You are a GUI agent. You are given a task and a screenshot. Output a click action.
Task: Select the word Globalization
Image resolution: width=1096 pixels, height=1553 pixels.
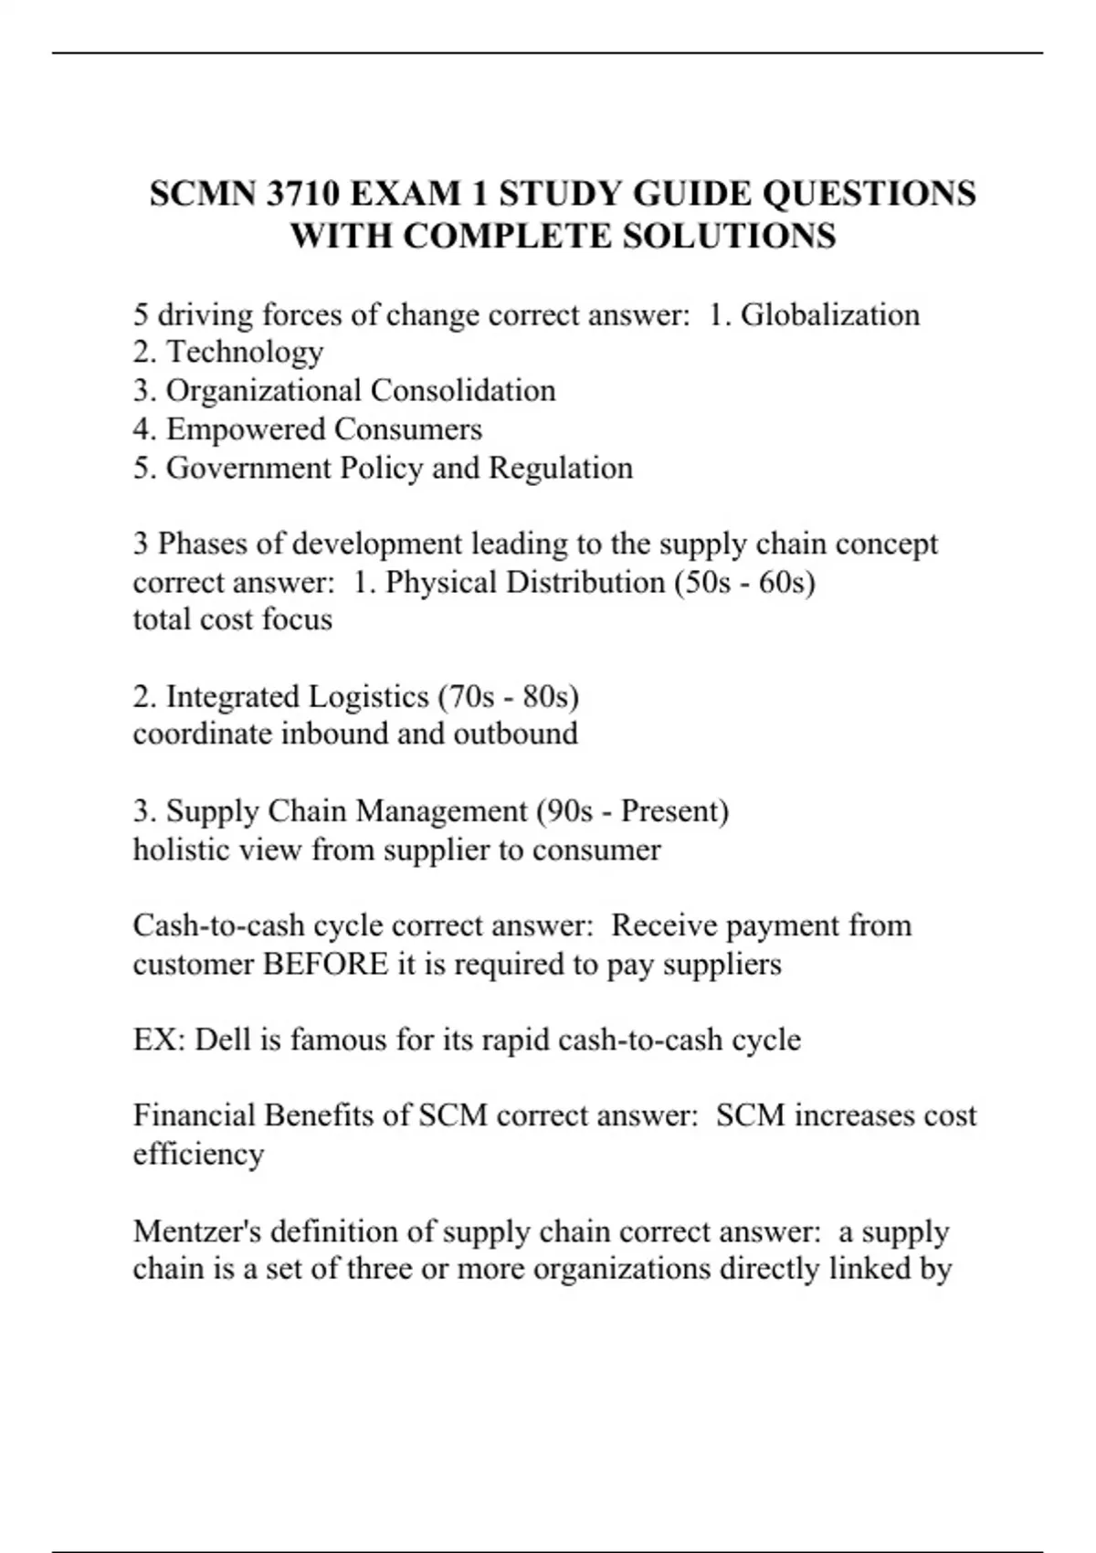coord(830,315)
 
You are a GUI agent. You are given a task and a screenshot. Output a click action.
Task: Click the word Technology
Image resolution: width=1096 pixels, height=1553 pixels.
coord(245,353)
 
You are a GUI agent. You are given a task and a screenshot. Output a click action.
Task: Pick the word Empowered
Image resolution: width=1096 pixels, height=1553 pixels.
coord(246,429)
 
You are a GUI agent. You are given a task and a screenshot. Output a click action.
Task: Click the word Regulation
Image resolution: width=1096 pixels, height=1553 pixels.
coord(561,468)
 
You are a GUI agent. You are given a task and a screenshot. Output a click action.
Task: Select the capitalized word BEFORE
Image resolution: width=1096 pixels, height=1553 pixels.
coord(325,965)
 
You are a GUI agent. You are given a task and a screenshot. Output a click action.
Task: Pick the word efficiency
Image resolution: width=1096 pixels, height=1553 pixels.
coord(198,1155)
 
